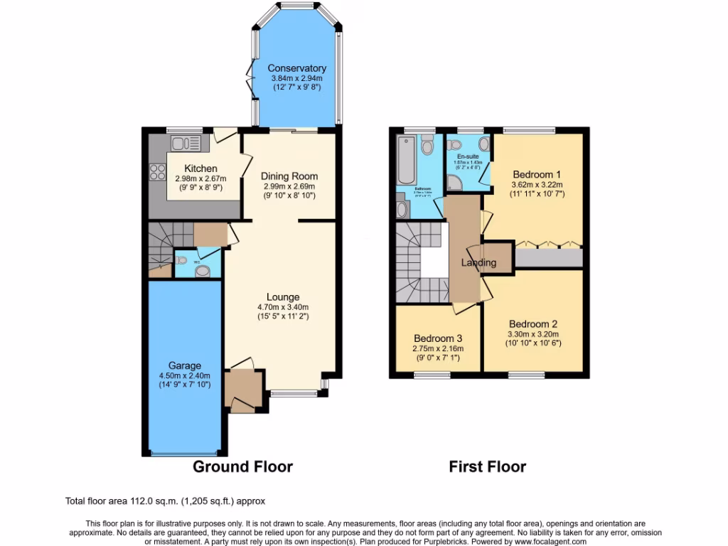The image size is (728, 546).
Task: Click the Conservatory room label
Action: (296, 68)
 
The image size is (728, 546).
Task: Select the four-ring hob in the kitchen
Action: (156, 171)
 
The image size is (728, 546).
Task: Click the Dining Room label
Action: (289, 176)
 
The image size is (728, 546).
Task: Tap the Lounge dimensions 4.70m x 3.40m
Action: (283, 307)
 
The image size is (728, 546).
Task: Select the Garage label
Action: (184, 365)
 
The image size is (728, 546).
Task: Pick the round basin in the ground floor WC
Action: (203, 271)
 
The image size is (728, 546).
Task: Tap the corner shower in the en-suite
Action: (455, 183)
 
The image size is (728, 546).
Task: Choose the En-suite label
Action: (468, 156)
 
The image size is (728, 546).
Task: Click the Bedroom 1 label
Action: (537, 173)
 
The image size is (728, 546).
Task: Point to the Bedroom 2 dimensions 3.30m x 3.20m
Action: (533, 334)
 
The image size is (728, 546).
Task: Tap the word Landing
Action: (478, 262)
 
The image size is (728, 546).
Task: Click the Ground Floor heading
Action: (242, 467)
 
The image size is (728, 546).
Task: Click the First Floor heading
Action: (487, 467)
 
